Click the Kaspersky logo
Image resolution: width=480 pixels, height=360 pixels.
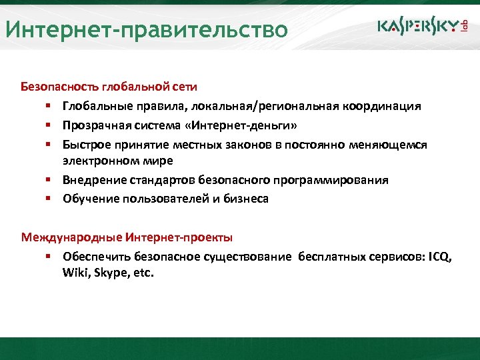click(418, 25)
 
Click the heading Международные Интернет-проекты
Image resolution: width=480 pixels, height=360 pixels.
click(127, 237)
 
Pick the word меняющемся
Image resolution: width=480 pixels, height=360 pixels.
click(389, 144)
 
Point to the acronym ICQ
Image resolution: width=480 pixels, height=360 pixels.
click(440, 256)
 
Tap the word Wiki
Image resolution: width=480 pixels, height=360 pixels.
click(75, 273)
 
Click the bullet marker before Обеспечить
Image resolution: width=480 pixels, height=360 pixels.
click(49, 256)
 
